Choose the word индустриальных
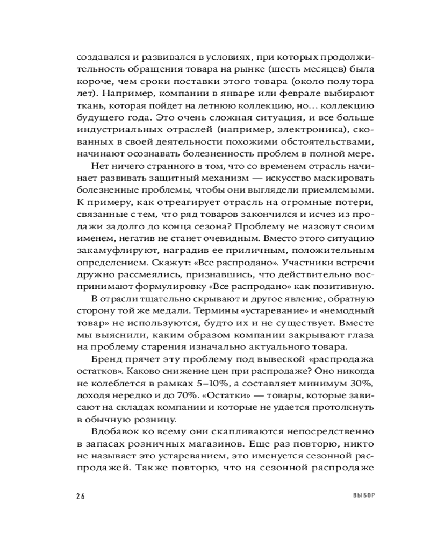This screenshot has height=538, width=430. click(x=117, y=130)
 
